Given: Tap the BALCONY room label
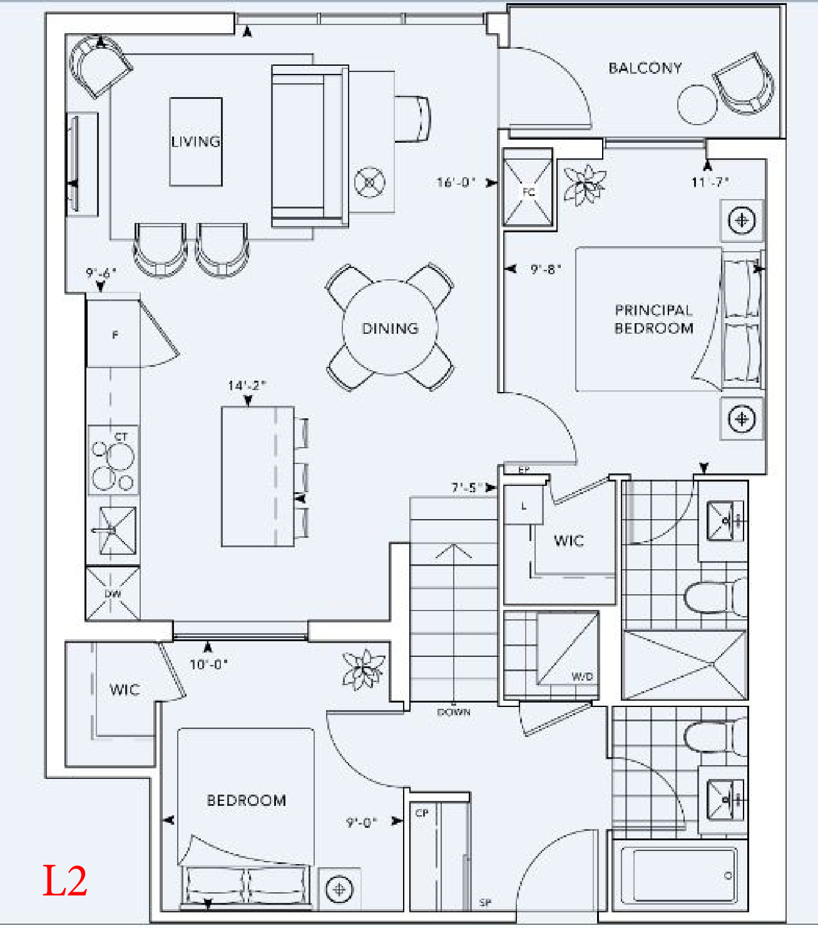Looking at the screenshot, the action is pyautogui.click(x=645, y=68).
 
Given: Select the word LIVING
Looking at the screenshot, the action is pyautogui.click(x=195, y=142).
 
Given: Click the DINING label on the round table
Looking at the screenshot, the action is pyautogui.click(x=390, y=328).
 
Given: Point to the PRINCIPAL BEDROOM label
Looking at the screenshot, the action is pyautogui.click(x=653, y=319).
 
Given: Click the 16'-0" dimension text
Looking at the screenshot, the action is pyautogui.click(x=456, y=182).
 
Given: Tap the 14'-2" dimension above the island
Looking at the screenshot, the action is pyautogui.click(x=247, y=385).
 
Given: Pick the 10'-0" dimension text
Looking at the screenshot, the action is pyautogui.click(x=209, y=664).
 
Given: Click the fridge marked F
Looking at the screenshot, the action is pyautogui.click(x=113, y=334).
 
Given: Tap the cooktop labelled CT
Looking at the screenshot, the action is pyautogui.click(x=113, y=460).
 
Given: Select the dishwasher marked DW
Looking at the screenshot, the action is pyautogui.click(x=113, y=594).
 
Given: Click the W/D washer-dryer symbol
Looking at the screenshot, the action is pyautogui.click(x=568, y=649).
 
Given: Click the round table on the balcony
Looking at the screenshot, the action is pyautogui.click(x=697, y=105).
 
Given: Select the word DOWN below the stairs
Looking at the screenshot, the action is pyautogui.click(x=454, y=712).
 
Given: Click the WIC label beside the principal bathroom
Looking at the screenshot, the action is pyautogui.click(x=569, y=540).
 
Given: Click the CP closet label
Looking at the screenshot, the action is pyautogui.click(x=422, y=813).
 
